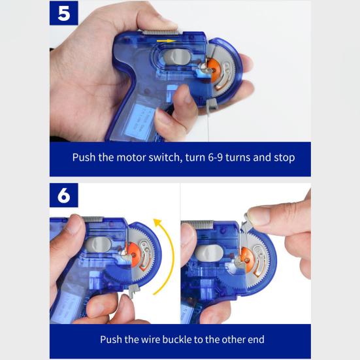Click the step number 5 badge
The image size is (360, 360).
click(64, 13)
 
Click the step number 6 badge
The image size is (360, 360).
click(64, 195)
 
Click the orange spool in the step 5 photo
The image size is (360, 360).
click(213, 70)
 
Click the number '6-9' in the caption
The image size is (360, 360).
click(216, 157)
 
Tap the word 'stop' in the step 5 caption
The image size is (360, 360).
click(284, 158)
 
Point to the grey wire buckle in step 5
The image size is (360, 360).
click(211, 104)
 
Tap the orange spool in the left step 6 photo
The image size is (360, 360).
click(135, 254)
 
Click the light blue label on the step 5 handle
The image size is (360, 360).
click(138, 120)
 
